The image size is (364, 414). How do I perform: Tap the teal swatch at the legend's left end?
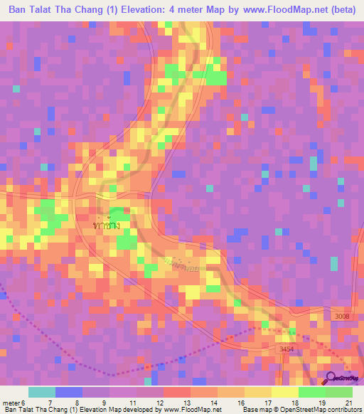[41, 392]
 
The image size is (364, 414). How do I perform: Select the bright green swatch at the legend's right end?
[338, 392]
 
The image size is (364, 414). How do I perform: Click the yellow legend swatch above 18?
[284, 392]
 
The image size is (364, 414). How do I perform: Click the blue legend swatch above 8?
[68, 392]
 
